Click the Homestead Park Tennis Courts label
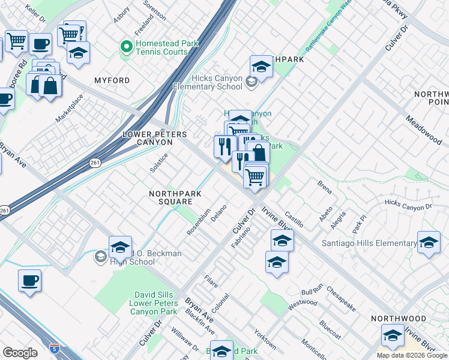click(162, 47)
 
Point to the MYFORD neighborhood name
click(112, 80)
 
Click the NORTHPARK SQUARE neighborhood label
click(171, 197)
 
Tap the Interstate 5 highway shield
click(55, 347)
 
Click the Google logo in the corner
click(20, 352)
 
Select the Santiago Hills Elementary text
click(369, 243)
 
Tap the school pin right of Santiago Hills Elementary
click(429, 243)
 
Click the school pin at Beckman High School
click(120, 247)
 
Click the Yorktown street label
click(264, 339)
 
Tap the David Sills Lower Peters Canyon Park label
click(153, 303)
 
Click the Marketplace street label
click(69, 108)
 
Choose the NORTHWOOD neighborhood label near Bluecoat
click(398, 319)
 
